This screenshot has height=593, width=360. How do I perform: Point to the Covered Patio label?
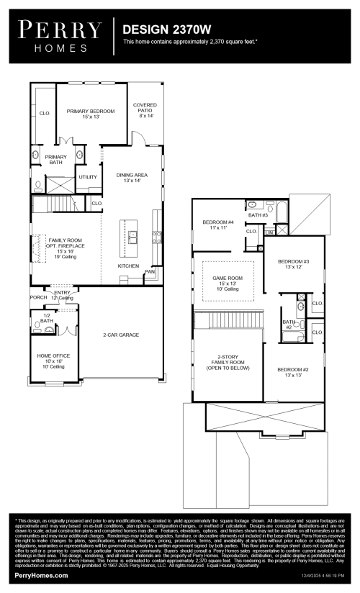click(x=145, y=109)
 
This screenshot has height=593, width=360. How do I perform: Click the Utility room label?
click(x=87, y=176)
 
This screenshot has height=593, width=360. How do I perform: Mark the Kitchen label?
click(x=128, y=266)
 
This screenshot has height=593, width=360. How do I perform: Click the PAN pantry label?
click(x=150, y=272)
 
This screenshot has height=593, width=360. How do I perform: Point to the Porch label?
click(x=37, y=296)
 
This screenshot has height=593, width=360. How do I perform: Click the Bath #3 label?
click(x=258, y=214)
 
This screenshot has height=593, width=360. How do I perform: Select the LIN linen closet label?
click(x=269, y=232)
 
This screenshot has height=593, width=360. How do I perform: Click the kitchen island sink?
click(x=132, y=233)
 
